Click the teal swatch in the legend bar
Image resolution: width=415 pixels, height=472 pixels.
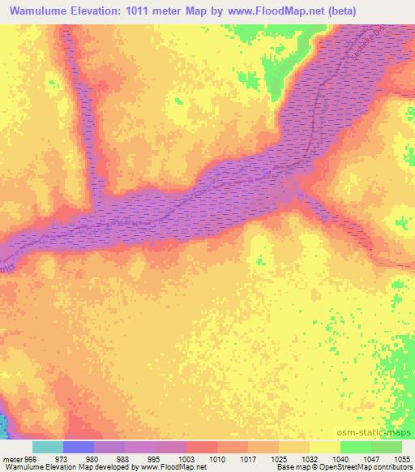coord(48,447)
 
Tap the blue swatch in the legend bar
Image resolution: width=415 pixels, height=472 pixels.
coord(79,447)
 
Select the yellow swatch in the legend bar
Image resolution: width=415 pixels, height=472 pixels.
coord(325,447)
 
